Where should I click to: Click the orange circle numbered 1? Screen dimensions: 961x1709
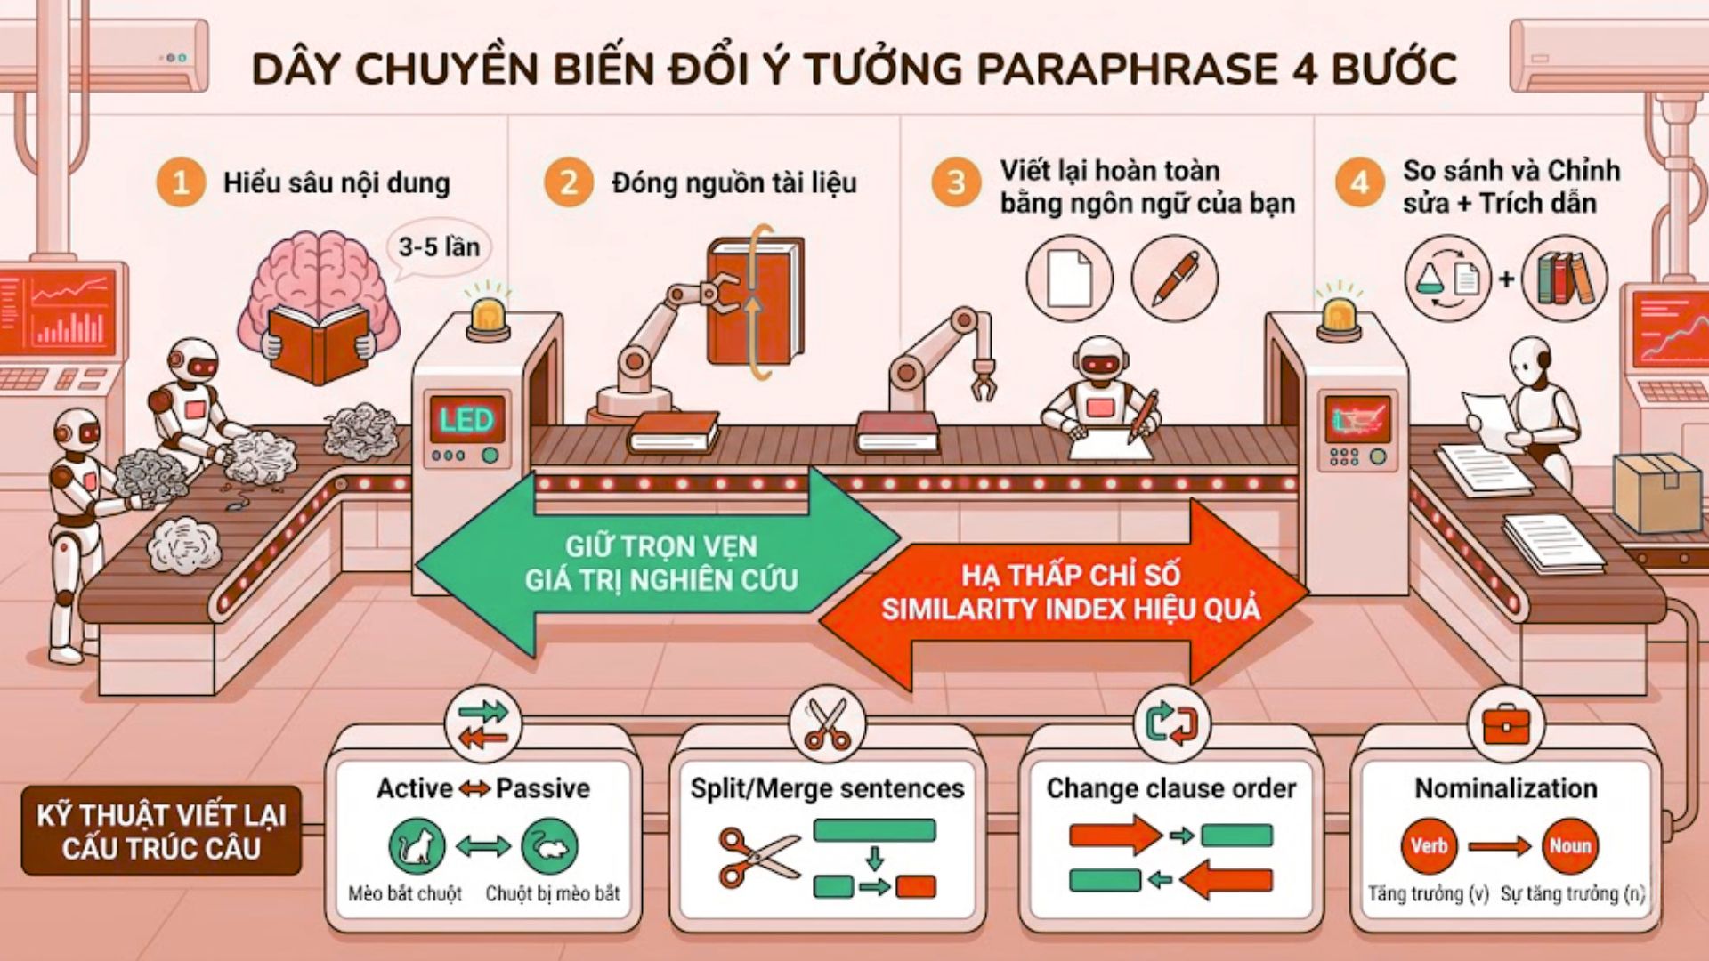(181, 182)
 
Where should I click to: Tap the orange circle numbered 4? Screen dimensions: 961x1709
(1359, 182)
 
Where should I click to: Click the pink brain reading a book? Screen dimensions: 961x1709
(318, 298)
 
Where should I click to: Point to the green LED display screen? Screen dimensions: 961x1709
(466, 419)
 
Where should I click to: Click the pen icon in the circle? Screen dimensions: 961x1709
(1174, 278)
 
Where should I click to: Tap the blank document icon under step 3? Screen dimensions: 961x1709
(1069, 278)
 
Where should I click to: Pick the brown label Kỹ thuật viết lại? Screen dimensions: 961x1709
(161, 831)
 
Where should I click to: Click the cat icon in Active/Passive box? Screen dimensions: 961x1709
(417, 845)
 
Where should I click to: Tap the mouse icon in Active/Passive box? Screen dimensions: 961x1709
(549, 845)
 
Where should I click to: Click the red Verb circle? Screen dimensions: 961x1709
(1428, 845)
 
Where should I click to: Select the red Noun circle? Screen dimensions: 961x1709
(1569, 845)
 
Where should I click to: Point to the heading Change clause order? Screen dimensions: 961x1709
(1170, 788)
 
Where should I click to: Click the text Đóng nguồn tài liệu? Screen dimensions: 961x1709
(733, 183)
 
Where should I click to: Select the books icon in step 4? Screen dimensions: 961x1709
(1564, 278)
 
